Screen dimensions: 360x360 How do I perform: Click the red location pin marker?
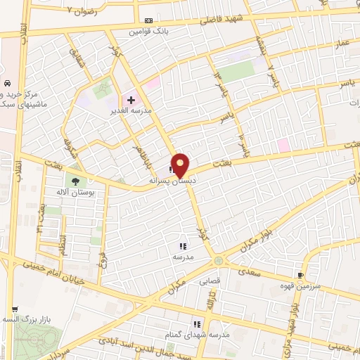[x=181, y=165]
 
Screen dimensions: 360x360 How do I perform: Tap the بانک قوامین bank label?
[x=147, y=32]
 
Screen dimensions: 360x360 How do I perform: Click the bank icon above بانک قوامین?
[x=147, y=21]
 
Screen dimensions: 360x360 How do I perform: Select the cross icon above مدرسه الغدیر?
[x=131, y=101]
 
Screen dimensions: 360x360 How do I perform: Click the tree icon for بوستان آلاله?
[x=75, y=181]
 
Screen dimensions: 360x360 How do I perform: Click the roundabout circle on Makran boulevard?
[x=220, y=261]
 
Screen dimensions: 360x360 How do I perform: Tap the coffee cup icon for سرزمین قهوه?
[x=301, y=274]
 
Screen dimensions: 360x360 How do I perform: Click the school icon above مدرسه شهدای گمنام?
[x=198, y=325]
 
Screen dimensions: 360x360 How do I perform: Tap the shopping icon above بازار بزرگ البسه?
[x=14, y=309]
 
